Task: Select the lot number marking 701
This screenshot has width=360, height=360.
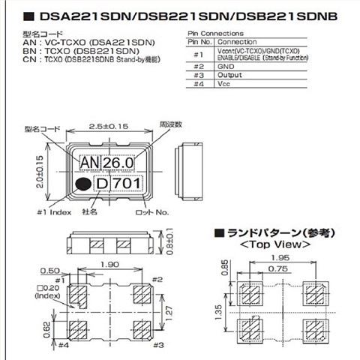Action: (125, 183)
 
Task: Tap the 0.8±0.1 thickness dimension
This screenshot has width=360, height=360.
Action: (170, 240)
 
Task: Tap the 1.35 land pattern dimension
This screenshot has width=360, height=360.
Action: (217, 311)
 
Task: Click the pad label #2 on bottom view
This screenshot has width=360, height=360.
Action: (157, 280)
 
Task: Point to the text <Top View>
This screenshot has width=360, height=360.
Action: (275, 244)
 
